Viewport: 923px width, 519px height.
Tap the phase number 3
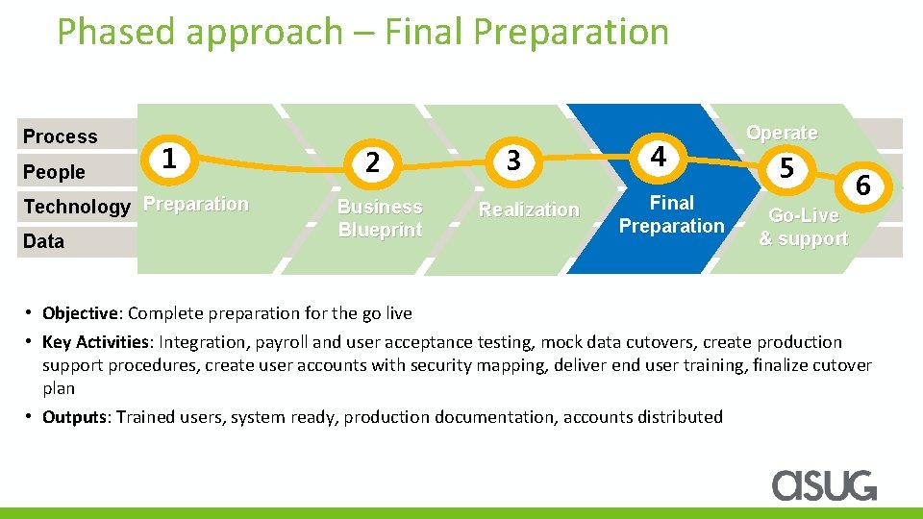[513, 161]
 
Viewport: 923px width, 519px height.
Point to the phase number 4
[657, 156]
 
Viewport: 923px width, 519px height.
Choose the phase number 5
[786, 169]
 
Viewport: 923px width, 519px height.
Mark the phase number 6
[862, 185]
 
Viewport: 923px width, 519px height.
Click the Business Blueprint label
[379, 218]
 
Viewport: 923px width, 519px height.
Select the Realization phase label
[529, 210]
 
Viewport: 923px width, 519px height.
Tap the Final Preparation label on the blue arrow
[671, 214]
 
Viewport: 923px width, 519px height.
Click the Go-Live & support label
[804, 227]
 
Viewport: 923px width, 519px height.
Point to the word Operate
[782, 133]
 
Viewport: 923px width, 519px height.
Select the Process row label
[60, 136]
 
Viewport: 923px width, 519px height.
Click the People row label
[54, 172]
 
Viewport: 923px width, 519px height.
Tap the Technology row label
[76, 207]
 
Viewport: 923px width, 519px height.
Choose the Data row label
[43, 241]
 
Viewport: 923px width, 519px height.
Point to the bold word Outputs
[75, 417]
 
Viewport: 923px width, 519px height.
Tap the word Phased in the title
[117, 32]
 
